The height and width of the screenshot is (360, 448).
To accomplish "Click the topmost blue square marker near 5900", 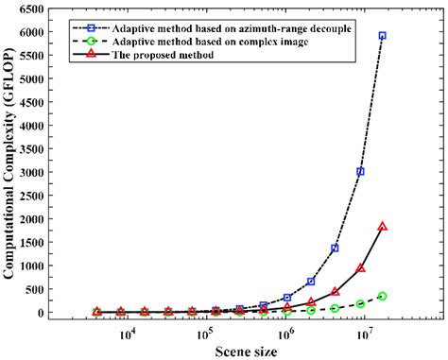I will click(382, 36).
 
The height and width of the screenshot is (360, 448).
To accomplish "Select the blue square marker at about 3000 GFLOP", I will click(360, 172).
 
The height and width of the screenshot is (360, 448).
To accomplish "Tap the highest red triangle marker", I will click(382, 227).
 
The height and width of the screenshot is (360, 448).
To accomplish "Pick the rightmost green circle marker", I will click(382, 297).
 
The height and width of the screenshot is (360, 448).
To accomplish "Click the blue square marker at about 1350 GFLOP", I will click(336, 249).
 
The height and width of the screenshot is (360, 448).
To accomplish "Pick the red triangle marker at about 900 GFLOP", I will click(360, 268).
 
